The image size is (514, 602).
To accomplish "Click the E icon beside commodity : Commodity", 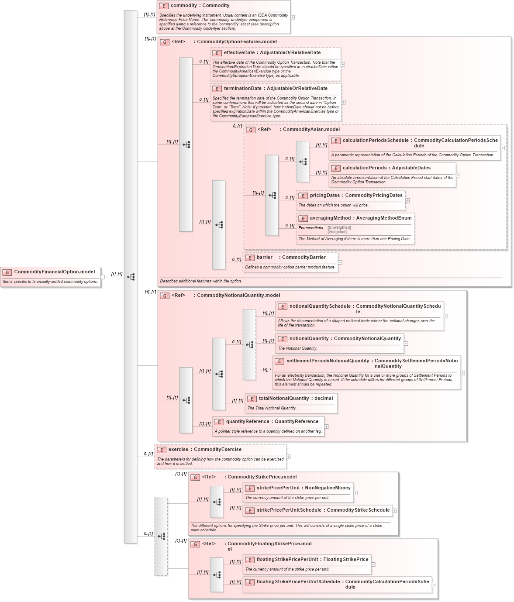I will [164, 6].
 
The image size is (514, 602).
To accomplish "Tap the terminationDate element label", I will [242, 89].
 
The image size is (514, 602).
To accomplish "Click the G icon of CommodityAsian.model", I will [251, 130].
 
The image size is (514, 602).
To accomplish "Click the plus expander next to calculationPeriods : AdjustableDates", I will [458, 175].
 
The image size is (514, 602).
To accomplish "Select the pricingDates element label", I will [324, 196].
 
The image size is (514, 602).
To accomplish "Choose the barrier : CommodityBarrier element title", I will [291, 258].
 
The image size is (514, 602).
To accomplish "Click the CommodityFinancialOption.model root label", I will [54, 272].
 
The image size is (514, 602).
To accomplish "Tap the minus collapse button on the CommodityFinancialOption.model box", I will [103, 277].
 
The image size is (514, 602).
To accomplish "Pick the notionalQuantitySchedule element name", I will [320, 306].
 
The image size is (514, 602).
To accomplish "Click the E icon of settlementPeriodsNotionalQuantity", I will [279, 361].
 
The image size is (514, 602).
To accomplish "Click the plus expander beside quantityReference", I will [327, 427].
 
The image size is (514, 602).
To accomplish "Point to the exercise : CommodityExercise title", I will [205, 450].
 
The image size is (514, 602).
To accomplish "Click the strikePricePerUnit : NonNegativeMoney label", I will [304, 488].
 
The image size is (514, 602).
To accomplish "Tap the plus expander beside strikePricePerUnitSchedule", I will [395, 510].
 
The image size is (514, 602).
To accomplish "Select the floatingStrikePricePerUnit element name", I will [287, 560].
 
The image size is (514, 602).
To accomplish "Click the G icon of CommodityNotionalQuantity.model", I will [165, 296].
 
